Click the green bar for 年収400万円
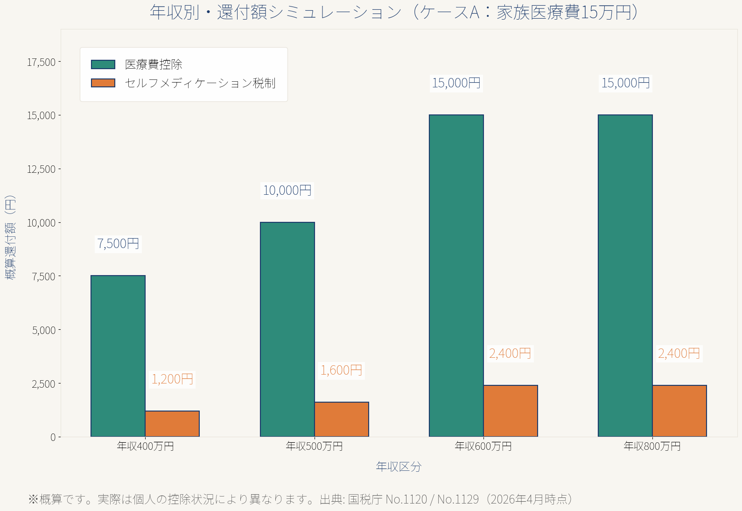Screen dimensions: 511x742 coord(118,356)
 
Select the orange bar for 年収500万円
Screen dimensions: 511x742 coord(342,419)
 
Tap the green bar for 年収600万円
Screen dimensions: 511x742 coord(456,276)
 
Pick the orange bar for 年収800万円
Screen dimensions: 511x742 coord(679,411)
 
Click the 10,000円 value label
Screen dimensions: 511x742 coord(287,191)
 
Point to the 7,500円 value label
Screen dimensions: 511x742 coord(118,244)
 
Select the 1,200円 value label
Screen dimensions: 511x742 coord(172,379)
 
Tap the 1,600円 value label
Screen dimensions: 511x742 coord(341,370)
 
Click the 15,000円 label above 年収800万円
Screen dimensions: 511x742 coord(625,83)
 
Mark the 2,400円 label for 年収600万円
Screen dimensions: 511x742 coord(510,354)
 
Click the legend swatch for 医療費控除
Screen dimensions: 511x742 coord(103,64)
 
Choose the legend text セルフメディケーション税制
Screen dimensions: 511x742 coord(200,83)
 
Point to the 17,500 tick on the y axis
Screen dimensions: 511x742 coord(41,62)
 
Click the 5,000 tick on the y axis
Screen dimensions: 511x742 coord(44,330)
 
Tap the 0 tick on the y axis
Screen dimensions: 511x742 coord(53,437)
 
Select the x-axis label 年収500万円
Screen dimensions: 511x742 coord(314,447)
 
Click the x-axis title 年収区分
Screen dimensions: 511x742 coord(399,467)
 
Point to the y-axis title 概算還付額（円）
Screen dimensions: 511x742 coord(10,237)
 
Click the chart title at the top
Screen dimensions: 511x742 coord(394,13)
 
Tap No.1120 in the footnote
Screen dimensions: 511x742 coord(406,499)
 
